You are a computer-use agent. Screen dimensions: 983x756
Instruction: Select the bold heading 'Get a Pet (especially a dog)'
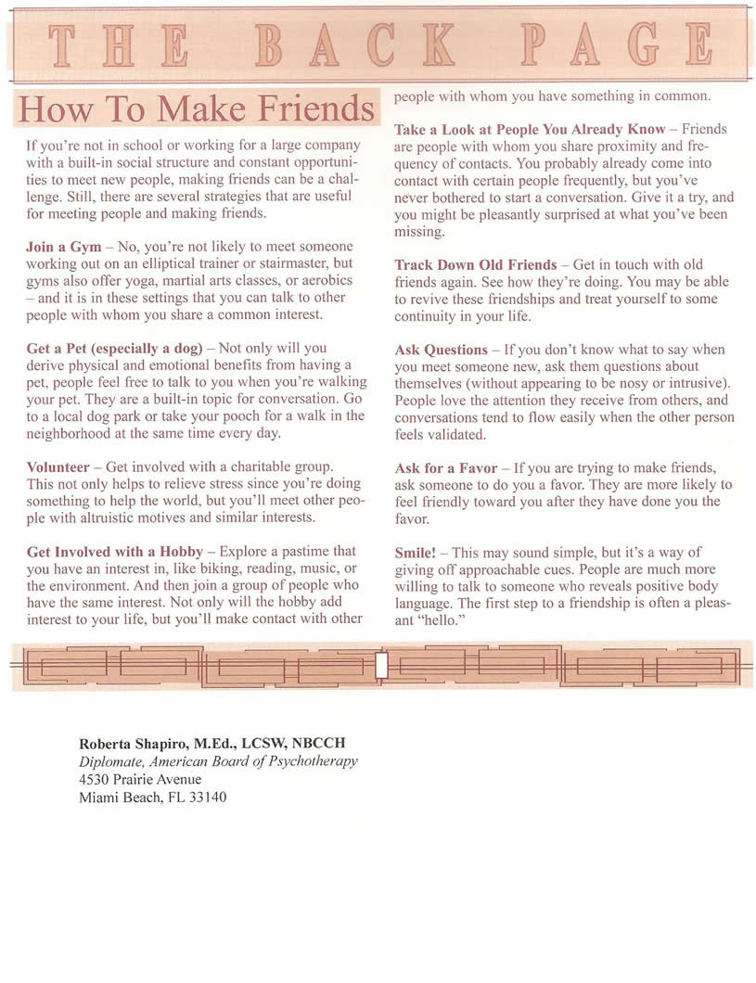point(115,348)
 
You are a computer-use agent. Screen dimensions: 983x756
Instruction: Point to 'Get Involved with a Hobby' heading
point(112,551)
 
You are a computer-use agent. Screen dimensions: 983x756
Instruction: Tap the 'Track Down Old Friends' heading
point(476,264)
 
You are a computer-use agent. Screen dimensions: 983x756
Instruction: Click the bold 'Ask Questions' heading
point(441,350)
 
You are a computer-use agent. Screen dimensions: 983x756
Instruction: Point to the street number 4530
point(96,780)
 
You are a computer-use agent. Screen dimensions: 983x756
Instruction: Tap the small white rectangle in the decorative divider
point(380,665)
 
